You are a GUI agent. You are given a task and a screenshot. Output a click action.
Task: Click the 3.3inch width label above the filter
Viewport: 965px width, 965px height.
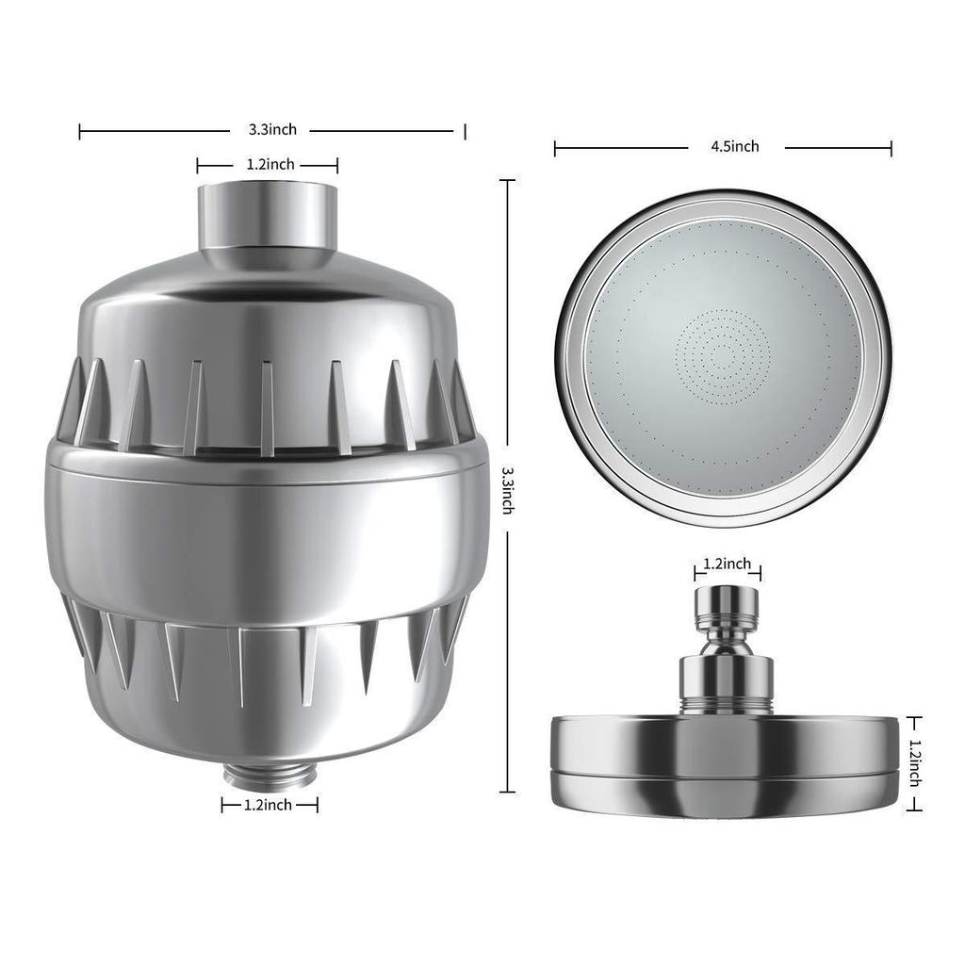coord(272,130)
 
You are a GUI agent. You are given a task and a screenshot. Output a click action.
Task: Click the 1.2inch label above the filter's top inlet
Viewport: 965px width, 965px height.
coord(270,165)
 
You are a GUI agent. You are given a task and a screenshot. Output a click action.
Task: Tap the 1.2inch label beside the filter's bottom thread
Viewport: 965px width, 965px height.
coord(268,805)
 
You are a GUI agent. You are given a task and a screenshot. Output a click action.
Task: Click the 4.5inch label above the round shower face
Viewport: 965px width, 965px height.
coord(735,146)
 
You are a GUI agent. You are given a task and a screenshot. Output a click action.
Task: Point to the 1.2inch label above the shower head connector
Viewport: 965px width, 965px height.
coord(728,564)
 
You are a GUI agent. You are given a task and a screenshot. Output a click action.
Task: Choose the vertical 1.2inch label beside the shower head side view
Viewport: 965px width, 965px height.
coord(913,762)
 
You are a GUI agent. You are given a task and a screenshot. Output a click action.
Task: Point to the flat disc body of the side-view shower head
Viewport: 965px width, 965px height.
coord(727,758)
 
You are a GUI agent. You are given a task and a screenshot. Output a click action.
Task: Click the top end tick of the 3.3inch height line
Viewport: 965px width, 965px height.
coord(508,180)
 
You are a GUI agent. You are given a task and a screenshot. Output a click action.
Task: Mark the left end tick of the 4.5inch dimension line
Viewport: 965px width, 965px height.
coord(555,148)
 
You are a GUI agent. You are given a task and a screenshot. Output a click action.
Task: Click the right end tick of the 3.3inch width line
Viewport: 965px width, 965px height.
coord(465,131)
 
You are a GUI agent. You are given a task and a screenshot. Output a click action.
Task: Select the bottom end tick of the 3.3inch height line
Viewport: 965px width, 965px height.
coord(508,792)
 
